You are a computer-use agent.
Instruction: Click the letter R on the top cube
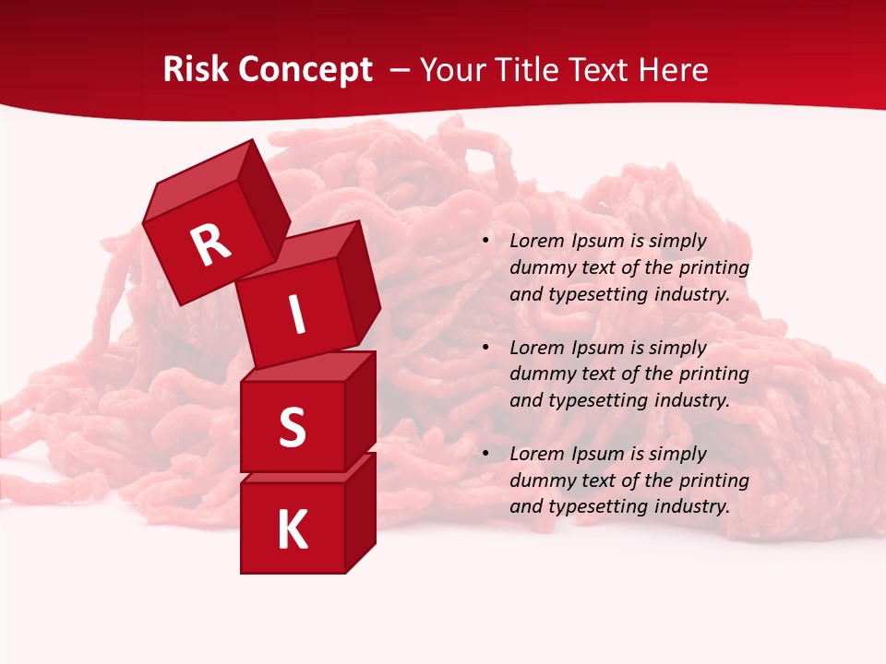[210, 244]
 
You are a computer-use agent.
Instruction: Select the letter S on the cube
[292, 427]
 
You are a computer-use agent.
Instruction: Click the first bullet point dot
[485, 242]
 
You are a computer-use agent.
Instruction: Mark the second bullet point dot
[485, 349]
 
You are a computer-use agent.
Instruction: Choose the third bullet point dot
[485, 455]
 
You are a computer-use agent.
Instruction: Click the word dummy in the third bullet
[539, 480]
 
